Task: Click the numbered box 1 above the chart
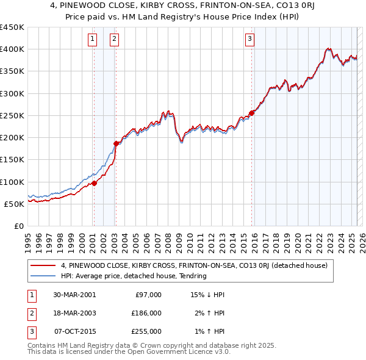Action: coord(92,39)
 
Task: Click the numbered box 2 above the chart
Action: coord(114,39)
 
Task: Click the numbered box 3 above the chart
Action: coord(250,39)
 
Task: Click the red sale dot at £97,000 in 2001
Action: coord(95,183)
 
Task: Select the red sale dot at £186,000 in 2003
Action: coord(116,143)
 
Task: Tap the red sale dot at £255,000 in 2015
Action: coord(251,113)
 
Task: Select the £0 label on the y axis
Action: coord(18,226)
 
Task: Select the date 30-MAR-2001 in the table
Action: coord(74,295)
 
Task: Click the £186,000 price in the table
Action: coord(147,313)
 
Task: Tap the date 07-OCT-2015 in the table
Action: coord(74,331)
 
